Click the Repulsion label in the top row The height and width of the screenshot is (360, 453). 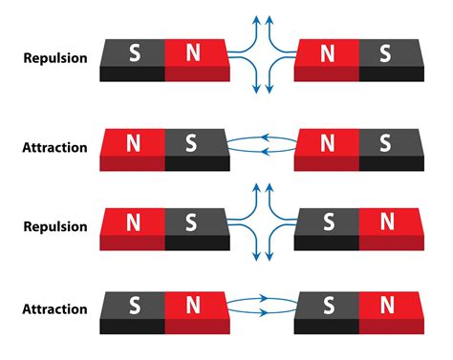tap(54, 58)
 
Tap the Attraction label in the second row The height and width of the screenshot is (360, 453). tap(54, 148)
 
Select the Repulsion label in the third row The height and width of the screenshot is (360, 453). tap(54, 228)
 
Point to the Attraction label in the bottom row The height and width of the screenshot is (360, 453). tap(54, 309)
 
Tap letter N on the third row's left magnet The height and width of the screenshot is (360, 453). tap(133, 222)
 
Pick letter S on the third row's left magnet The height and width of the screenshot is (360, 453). tap(192, 222)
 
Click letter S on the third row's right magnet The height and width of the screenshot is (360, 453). tap(328, 222)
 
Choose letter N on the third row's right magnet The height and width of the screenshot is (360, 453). tap(386, 222)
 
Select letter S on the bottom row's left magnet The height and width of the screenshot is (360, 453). tap(133, 306)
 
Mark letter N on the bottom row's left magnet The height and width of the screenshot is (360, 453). tap(193, 306)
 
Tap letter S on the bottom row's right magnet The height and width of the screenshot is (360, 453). tap(328, 306)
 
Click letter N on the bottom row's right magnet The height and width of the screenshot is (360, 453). tap(386, 306)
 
